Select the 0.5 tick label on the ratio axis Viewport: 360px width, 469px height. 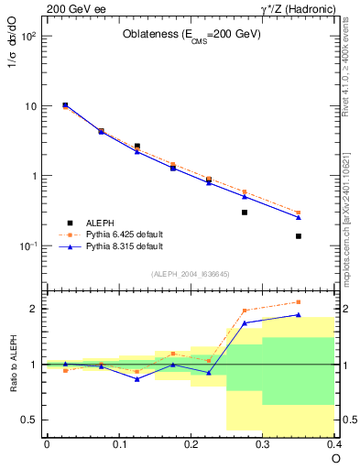pyautogui.click(x=27, y=420)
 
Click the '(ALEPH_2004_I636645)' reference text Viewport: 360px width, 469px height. pyautogui.click(x=191, y=274)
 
